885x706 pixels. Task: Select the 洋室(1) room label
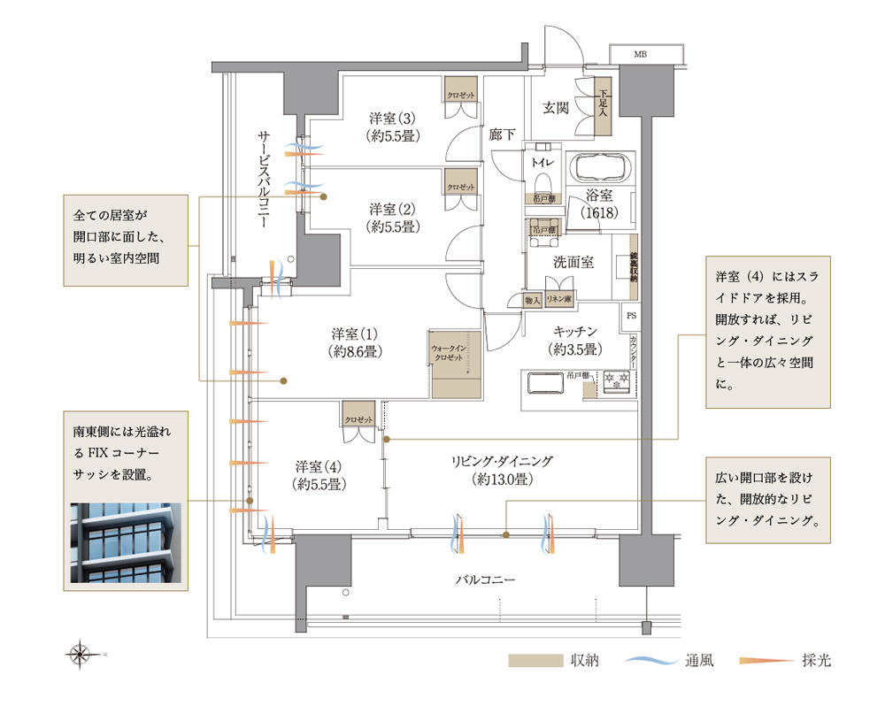coord(355,342)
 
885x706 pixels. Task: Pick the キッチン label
coord(575,340)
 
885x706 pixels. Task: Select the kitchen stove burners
coord(615,382)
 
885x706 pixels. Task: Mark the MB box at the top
coord(640,55)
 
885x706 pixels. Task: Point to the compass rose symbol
coord(81,655)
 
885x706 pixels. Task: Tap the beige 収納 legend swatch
coord(535,660)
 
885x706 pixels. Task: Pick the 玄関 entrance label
coord(556,108)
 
